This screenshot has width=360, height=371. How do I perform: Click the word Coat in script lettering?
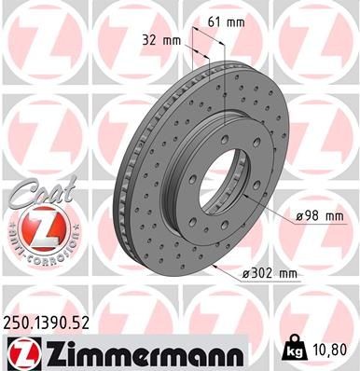(34, 192)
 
